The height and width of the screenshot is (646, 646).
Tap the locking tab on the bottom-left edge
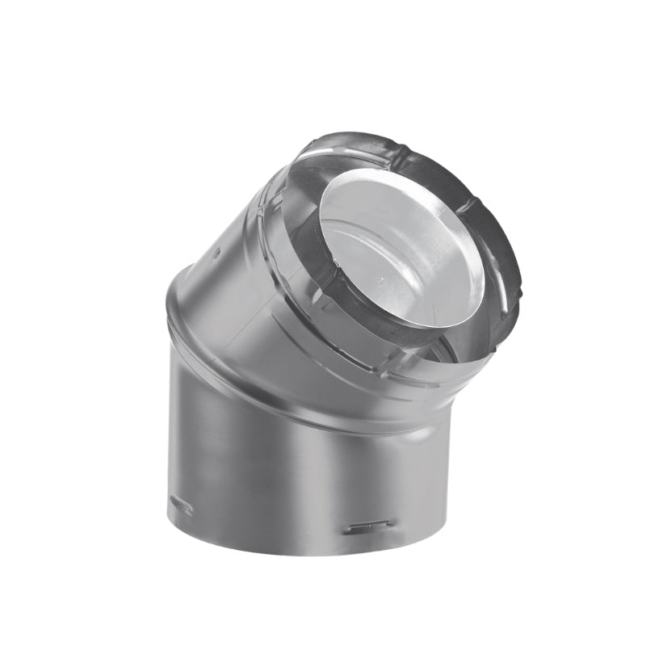click(x=179, y=507)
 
